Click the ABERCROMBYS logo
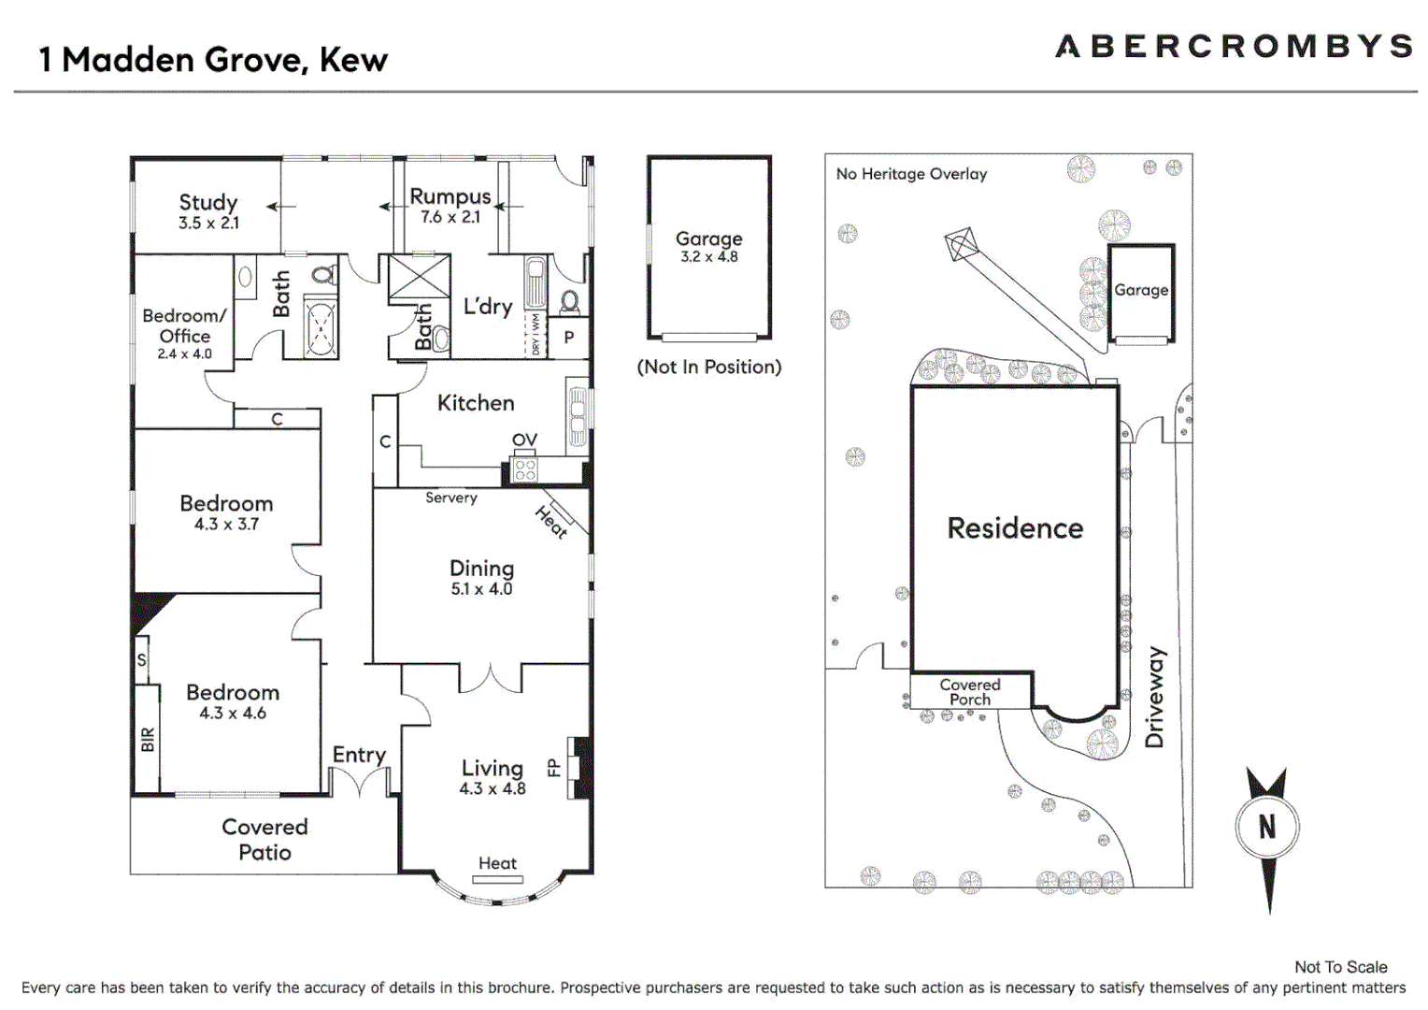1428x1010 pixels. tap(1233, 47)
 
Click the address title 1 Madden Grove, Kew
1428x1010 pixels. tap(213, 60)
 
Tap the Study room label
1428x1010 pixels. tap(208, 203)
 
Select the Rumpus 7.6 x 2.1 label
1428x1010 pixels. tap(450, 206)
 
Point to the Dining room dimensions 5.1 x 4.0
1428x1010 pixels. tap(481, 589)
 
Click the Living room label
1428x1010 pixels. tap(492, 768)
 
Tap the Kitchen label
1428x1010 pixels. tap(476, 403)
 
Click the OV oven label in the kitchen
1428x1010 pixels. tap(524, 440)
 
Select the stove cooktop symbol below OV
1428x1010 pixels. tap(525, 469)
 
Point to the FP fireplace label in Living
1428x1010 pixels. tap(553, 768)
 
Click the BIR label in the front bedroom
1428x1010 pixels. tap(148, 740)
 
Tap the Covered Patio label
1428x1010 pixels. tap(264, 839)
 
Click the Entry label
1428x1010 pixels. tap(359, 755)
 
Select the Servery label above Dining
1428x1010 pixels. tap(450, 498)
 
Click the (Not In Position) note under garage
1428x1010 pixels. tap(708, 367)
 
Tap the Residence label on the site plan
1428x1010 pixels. tap(1015, 528)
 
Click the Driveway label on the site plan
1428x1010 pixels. tap(1155, 697)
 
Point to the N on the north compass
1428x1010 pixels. tap(1266, 827)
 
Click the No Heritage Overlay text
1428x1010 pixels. tap(911, 174)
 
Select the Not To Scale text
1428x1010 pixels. tap(1340, 967)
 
